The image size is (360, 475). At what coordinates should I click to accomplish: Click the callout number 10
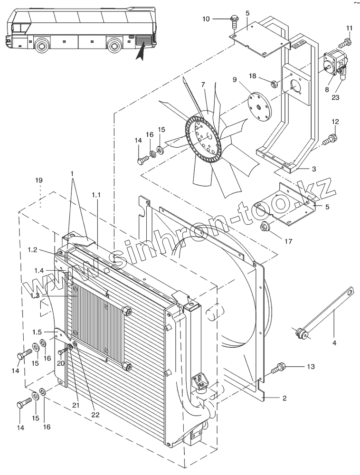(x=206, y=19)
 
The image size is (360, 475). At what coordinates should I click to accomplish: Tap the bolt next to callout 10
(x=234, y=21)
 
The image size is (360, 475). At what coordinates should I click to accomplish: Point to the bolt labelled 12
(x=330, y=139)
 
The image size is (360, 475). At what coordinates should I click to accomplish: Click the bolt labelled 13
(x=279, y=368)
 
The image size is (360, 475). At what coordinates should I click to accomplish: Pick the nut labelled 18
(x=273, y=84)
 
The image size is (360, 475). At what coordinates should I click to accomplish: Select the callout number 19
(x=39, y=180)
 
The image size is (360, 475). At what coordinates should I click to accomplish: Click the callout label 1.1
(x=96, y=195)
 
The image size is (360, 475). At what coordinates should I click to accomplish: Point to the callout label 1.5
(x=37, y=332)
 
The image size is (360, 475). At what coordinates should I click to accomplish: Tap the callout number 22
(x=95, y=414)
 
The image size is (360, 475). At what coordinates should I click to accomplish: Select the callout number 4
(x=334, y=343)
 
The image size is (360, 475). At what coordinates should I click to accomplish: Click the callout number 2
(x=284, y=398)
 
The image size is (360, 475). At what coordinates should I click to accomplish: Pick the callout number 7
(x=203, y=84)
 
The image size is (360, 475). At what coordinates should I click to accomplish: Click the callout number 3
(x=314, y=169)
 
